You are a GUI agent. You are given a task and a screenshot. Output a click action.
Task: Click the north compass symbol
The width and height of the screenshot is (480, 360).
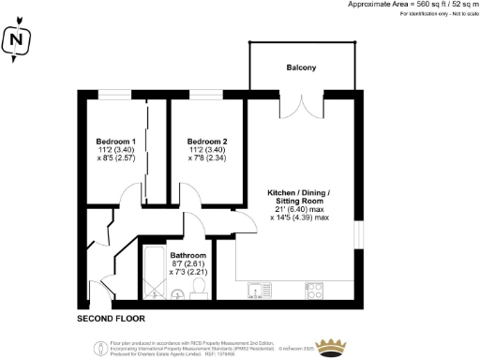[x=15, y=40]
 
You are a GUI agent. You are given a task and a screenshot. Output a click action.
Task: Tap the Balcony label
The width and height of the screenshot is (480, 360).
[x=302, y=68]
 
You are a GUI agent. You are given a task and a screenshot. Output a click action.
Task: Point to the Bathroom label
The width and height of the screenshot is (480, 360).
[x=187, y=255]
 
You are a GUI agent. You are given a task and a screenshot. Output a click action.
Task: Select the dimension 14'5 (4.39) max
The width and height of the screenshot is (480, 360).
[x=299, y=217]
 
